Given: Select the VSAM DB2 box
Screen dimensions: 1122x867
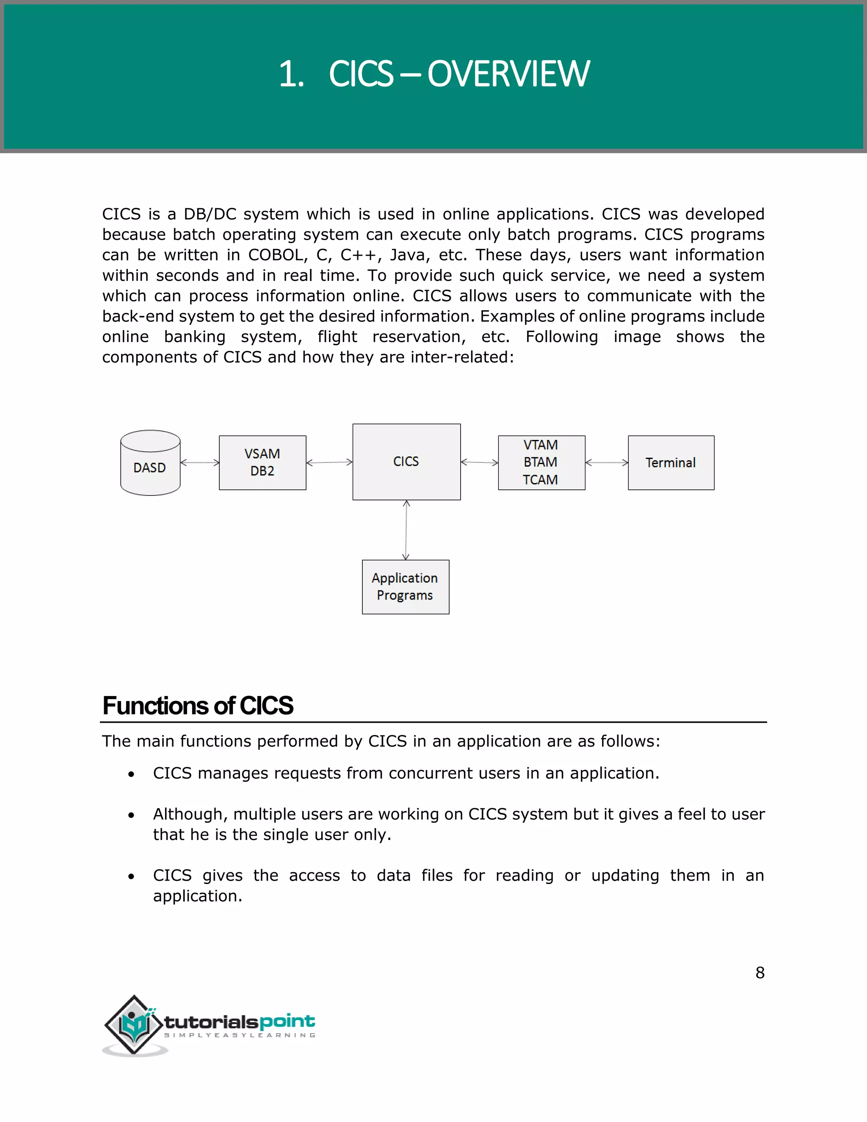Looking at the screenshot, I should (x=262, y=462).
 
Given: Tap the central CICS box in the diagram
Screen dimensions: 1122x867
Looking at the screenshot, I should (x=406, y=462).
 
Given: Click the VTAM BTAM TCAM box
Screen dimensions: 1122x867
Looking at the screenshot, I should (x=541, y=462).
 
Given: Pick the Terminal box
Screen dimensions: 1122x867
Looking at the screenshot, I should (x=671, y=462).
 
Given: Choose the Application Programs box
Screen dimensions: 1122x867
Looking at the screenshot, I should (x=405, y=587).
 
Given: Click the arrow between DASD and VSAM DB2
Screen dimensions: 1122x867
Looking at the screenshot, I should (x=200, y=463).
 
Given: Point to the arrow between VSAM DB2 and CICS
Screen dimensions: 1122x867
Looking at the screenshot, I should (x=329, y=462).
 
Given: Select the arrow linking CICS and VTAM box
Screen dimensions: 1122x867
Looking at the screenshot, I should (x=479, y=462).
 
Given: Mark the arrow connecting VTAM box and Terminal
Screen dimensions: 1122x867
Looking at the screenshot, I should (x=607, y=462).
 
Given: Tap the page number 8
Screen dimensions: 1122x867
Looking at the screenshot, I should (x=759, y=973).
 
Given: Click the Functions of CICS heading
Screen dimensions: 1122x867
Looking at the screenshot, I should (x=198, y=705).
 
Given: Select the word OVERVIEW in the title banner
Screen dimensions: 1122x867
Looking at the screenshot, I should (x=508, y=74).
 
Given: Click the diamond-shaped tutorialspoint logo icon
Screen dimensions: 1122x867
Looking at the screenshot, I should (x=134, y=1025).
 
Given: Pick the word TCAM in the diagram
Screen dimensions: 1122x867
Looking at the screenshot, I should (x=540, y=479).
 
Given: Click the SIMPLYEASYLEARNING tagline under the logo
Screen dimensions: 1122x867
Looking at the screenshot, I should (x=239, y=1035).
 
